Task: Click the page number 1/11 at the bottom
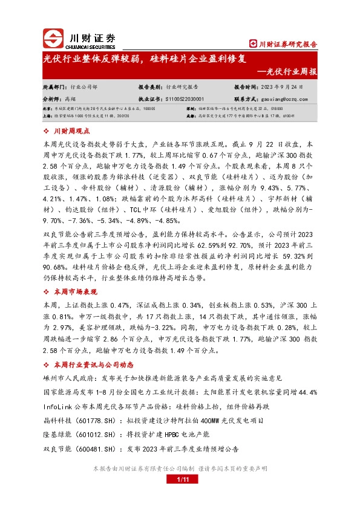pyautogui.click(x=180, y=479)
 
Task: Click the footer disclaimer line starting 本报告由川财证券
pyautogui.click(x=180, y=468)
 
